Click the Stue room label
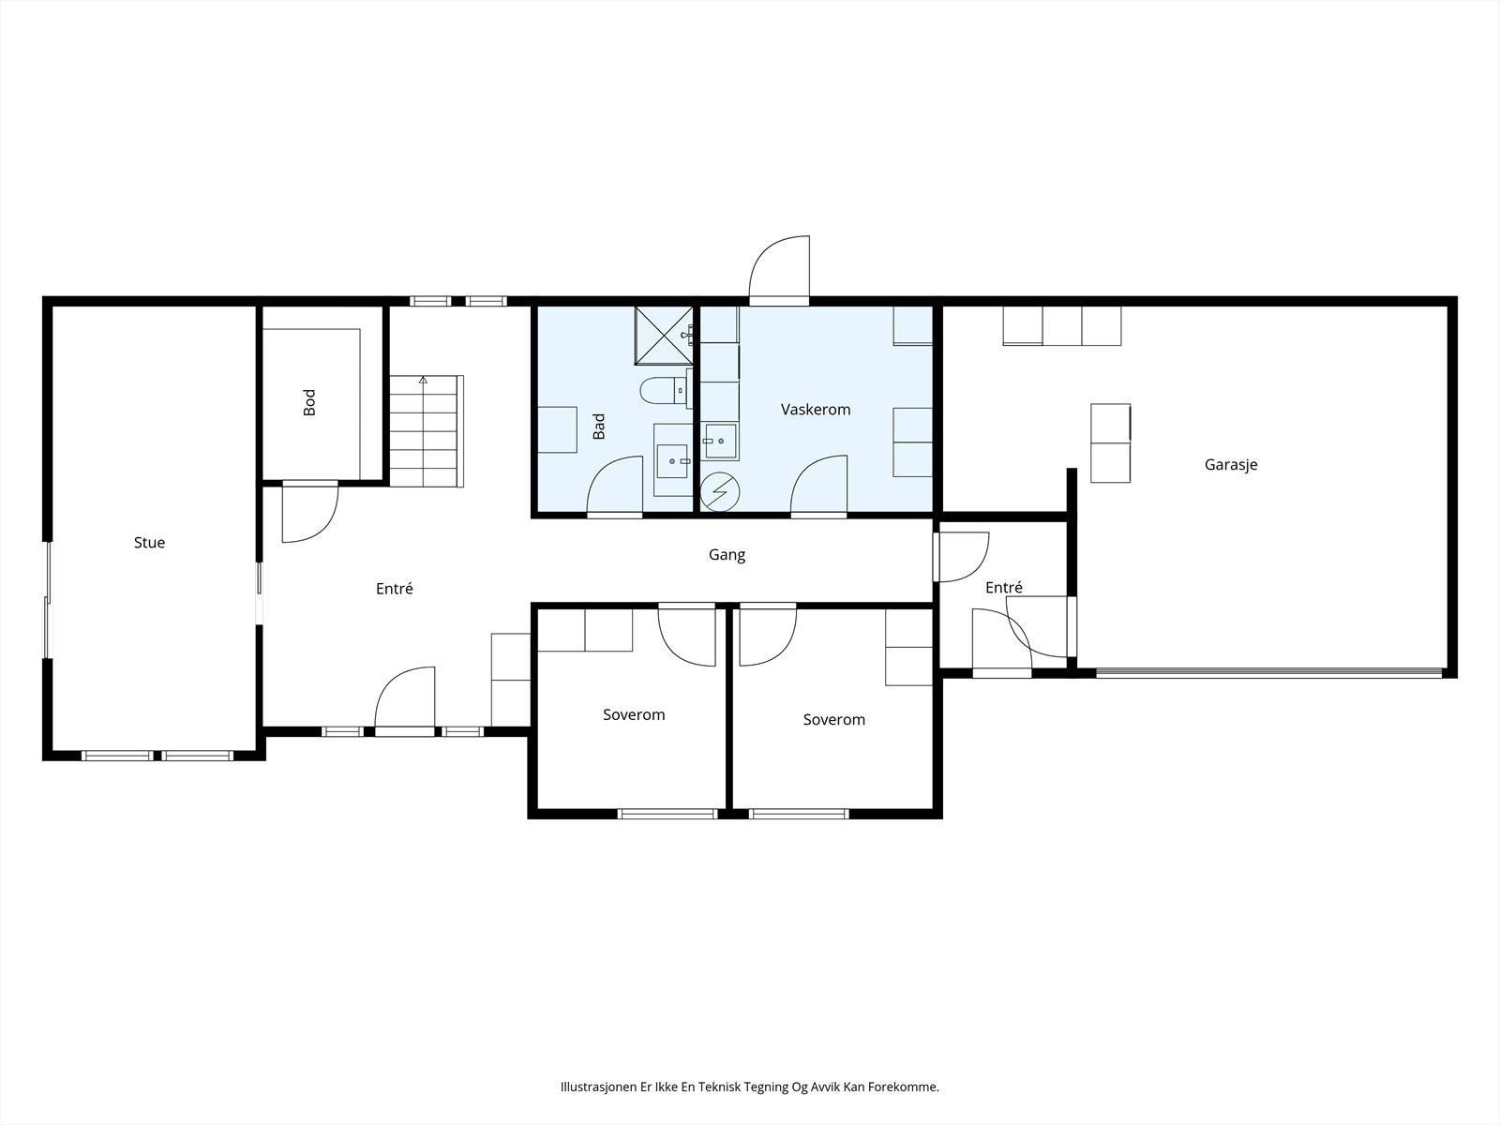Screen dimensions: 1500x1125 [149, 543]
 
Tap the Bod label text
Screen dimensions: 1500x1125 [309, 402]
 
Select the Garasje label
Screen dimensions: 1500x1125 [1231, 465]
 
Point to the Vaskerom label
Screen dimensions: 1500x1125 [816, 409]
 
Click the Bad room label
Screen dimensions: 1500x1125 [599, 427]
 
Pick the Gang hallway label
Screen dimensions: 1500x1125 [727, 555]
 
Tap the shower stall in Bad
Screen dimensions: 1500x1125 [664, 336]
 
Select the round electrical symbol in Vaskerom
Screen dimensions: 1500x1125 [720, 492]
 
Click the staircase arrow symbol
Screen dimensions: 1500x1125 [424, 379]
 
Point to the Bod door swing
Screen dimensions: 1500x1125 [310, 512]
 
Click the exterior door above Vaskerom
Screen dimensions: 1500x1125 [779, 271]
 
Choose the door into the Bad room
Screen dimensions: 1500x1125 [615, 486]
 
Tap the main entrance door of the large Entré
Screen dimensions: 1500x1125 [405, 700]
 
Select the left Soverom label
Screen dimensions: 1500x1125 [634, 714]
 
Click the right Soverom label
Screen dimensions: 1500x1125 [833, 719]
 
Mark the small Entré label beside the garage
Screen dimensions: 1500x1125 [1004, 587]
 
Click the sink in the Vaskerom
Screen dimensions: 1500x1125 [720, 442]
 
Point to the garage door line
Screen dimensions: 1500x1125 [1269, 673]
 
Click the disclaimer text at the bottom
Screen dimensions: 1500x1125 [750, 1087]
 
